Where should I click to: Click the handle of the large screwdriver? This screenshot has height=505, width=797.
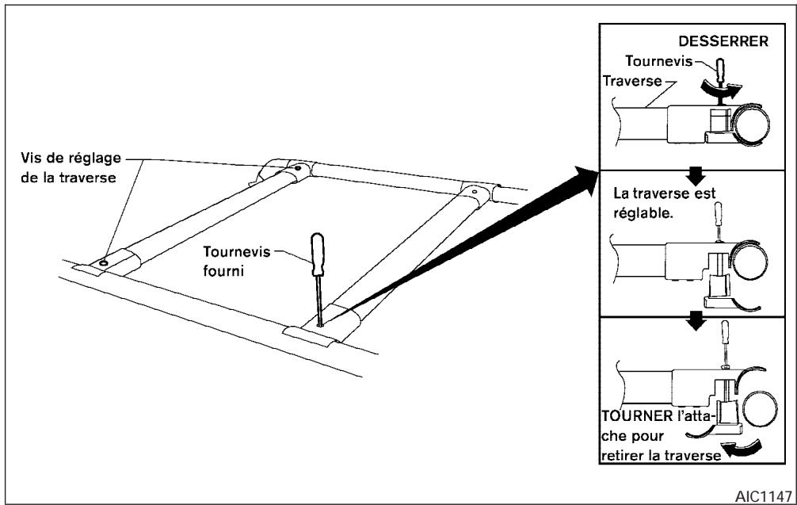[316, 251]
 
